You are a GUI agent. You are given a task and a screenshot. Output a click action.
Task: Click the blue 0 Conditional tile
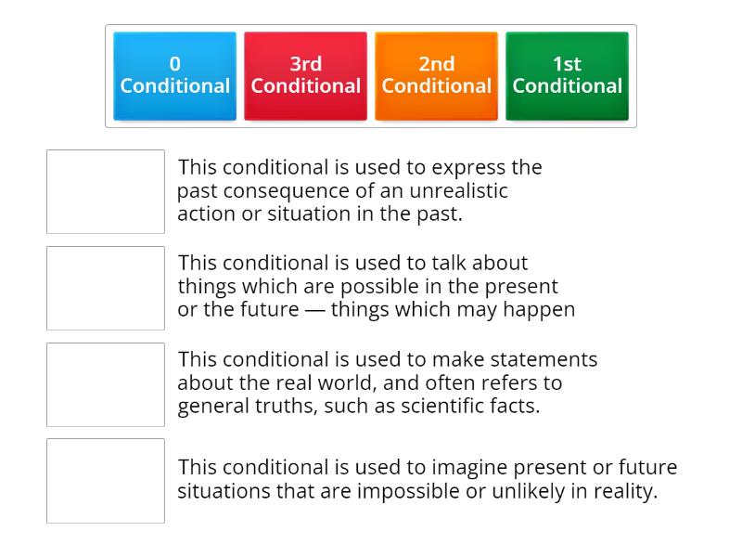[x=174, y=76]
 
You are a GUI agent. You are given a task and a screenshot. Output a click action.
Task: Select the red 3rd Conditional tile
[x=306, y=76]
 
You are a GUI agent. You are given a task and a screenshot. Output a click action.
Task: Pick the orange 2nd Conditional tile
[x=436, y=76]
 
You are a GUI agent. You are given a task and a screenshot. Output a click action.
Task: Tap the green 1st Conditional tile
[x=567, y=76]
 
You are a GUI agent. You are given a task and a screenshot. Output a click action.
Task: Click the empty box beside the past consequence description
[x=106, y=191]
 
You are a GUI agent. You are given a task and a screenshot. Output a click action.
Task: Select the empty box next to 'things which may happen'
[x=106, y=288]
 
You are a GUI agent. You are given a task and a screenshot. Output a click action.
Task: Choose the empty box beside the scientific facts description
[x=106, y=384]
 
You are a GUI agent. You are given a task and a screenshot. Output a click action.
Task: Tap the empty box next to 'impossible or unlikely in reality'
[x=106, y=481]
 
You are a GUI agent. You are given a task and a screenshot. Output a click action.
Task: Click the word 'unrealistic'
[x=458, y=190]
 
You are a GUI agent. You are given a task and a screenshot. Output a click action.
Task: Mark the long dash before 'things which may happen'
[x=315, y=310]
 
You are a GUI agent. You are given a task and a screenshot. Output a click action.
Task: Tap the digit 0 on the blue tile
[x=175, y=64]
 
